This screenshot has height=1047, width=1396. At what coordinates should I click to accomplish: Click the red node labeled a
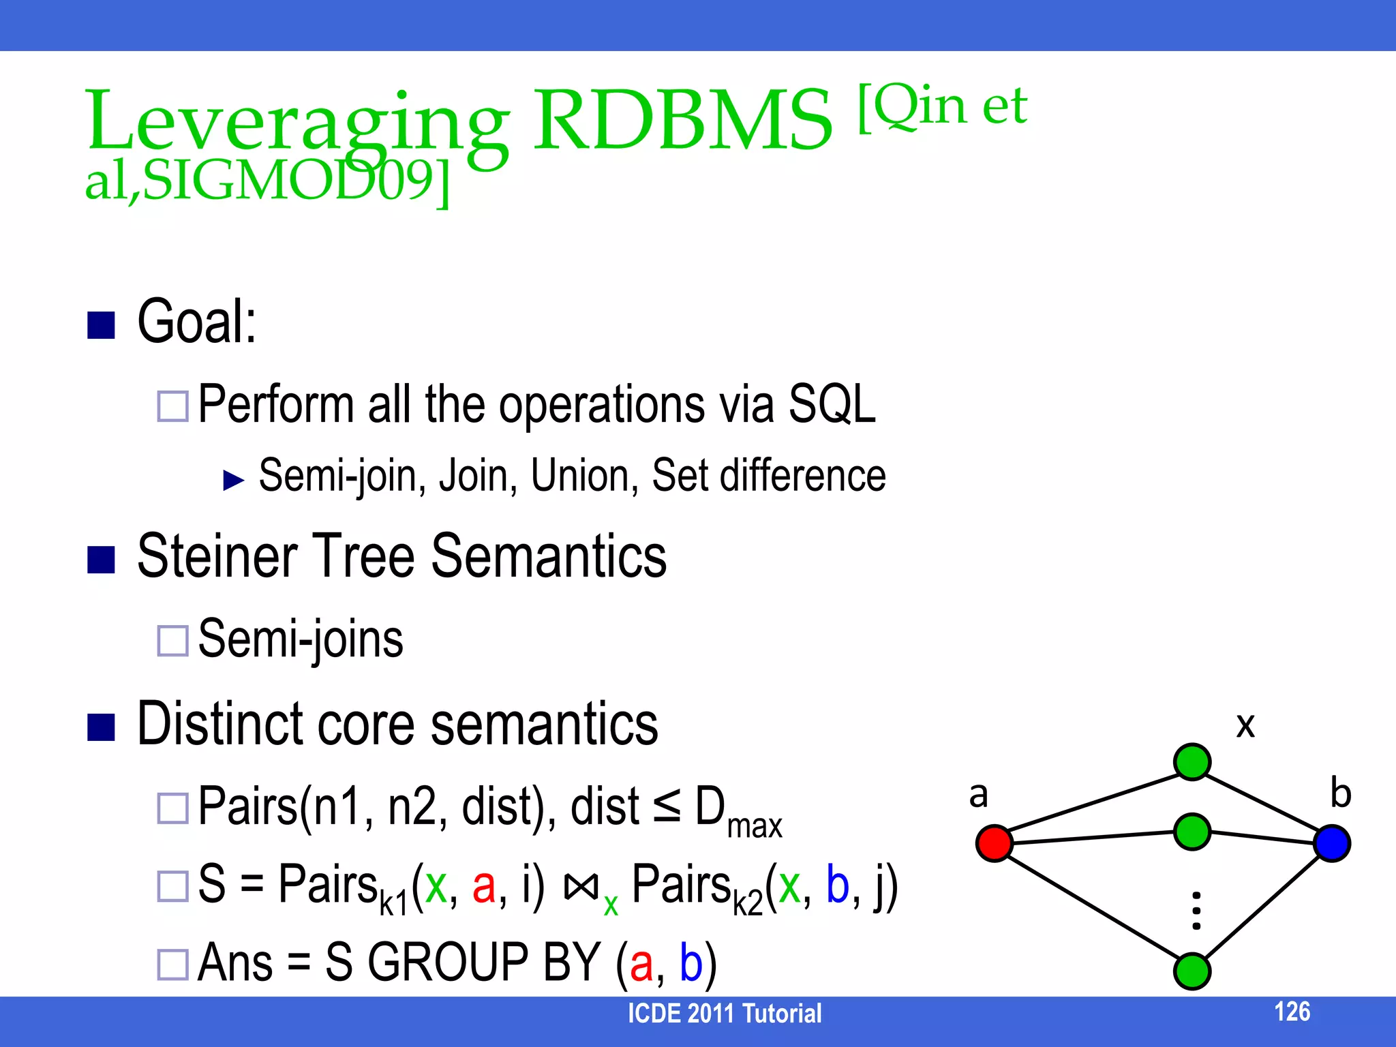point(994,843)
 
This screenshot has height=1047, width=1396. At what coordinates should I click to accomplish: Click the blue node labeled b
point(1332,843)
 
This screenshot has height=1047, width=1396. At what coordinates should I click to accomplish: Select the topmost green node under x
point(1192,761)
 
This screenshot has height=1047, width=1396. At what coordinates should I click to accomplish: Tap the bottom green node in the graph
point(1192,971)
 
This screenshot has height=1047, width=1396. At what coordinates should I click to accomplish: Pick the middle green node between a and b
point(1192,832)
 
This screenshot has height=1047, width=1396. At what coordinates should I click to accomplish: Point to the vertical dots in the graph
point(1196,911)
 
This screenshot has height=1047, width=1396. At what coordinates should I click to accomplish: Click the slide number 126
point(1292,1012)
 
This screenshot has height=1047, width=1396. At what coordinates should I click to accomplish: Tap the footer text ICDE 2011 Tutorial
point(724,1014)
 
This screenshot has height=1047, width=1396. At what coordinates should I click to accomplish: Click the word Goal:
point(196,322)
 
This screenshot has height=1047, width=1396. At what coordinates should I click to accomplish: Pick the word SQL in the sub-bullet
point(832,404)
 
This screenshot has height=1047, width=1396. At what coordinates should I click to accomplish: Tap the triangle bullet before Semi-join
point(234,481)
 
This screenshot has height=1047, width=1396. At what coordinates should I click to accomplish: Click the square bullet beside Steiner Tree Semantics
point(101,560)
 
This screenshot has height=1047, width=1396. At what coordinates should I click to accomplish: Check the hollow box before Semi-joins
point(172,641)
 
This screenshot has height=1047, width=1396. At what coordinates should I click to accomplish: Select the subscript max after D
point(755,827)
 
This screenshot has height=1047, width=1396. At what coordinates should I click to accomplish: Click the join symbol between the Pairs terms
point(581,886)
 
